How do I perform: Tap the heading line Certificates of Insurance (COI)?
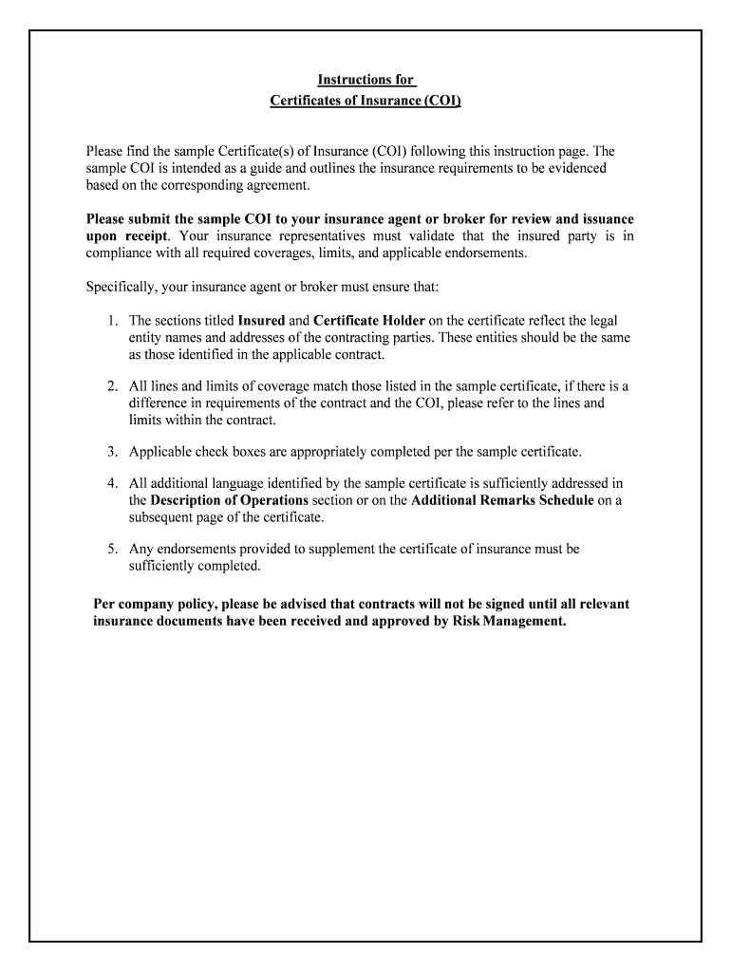[365, 100]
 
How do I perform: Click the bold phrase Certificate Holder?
[368, 321]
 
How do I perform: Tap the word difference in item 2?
[159, 403]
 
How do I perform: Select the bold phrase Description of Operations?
[229, 500]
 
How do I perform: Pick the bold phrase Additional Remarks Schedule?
[502, 500]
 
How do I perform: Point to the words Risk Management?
[513, 622]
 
